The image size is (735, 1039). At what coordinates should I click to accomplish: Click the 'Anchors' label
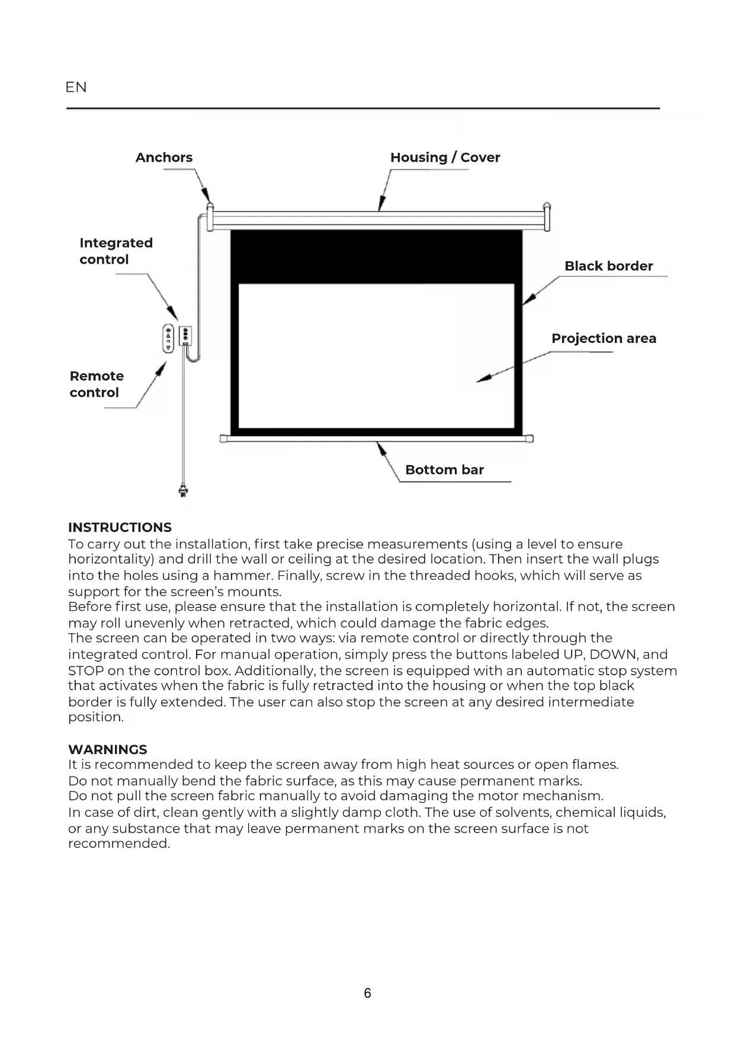(164, 158)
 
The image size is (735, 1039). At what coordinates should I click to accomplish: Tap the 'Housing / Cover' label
(445, 158)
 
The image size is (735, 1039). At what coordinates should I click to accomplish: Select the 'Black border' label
(608, 266)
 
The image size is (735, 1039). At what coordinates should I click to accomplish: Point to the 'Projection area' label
(604, 338)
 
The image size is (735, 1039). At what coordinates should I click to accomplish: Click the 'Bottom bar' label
(444, 470)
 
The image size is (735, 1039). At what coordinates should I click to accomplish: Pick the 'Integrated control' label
(116, 251)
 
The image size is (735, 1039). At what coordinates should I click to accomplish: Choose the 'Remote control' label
(97, 384)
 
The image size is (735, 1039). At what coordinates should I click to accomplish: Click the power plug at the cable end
(184, 491)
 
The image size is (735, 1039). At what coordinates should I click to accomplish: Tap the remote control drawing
(168, 338)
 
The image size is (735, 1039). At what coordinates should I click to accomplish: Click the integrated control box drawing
(185, 336)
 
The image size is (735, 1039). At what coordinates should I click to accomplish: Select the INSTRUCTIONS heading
(120, 527)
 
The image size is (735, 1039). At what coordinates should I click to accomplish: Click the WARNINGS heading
(107, 749)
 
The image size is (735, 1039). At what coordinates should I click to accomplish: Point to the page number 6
(367, 993)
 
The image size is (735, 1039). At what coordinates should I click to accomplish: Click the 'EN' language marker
(76, 87)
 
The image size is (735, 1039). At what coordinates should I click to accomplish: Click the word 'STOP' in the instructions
(86, 671)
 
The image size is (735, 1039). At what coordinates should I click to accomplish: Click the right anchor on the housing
(547, 207)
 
